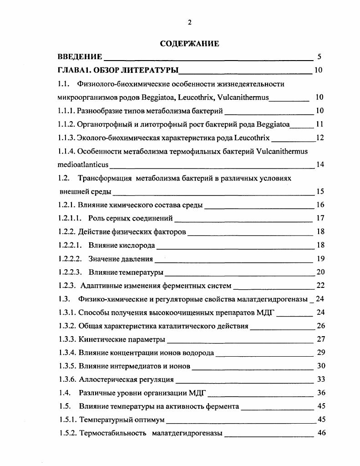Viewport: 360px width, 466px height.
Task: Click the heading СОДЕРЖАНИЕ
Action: (x=189, y=44)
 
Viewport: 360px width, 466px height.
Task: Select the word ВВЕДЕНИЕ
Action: (x=80, y=57)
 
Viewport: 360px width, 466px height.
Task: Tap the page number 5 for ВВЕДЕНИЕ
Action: (x=319, y=57)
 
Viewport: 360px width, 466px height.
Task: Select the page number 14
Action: (x=320, y=164)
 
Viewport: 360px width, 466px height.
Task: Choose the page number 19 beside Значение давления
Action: (x=320, y=259)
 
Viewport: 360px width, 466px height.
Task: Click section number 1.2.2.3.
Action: (x=70, y=273)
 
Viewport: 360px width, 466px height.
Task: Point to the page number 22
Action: (x=320, y=286)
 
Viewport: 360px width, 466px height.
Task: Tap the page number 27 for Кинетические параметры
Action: (x=321, y=339)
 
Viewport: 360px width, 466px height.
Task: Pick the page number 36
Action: (x=321, y=393)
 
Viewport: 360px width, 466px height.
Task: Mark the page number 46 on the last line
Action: (x=321, y=433)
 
